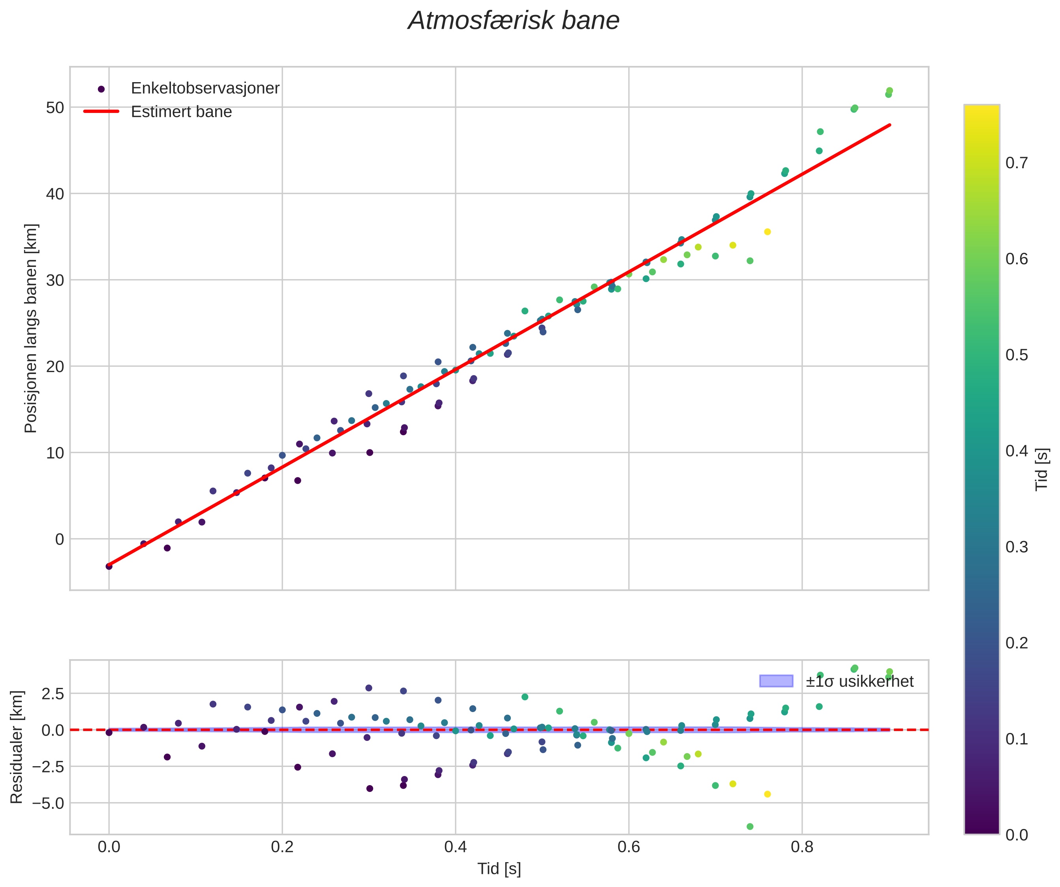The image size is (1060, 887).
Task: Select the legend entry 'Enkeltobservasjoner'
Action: pos(204,88)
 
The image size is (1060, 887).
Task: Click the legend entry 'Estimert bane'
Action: pos(181,112)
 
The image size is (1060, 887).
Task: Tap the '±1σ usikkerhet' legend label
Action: pos(859,682)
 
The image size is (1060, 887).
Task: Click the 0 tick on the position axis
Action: pos(60,539)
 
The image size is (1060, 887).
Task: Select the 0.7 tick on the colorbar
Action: pos(1017,163)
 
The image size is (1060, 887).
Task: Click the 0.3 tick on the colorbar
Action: pos(1017,547)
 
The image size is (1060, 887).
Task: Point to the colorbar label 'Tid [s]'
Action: pos(1042,470)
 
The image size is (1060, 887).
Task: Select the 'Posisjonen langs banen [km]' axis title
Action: pos(31,328)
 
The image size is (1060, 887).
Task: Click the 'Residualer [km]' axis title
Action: pos(17,747)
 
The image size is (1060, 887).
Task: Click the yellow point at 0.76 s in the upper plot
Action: pos(767,232)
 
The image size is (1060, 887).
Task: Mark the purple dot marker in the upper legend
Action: pos(101,89)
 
